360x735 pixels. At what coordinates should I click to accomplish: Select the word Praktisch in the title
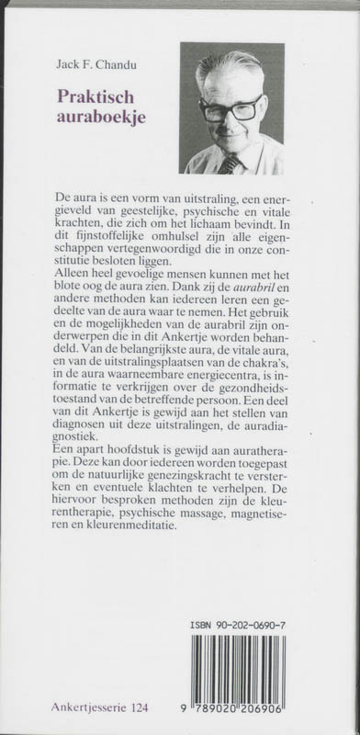pyautogui.click(x=97, y=94)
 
